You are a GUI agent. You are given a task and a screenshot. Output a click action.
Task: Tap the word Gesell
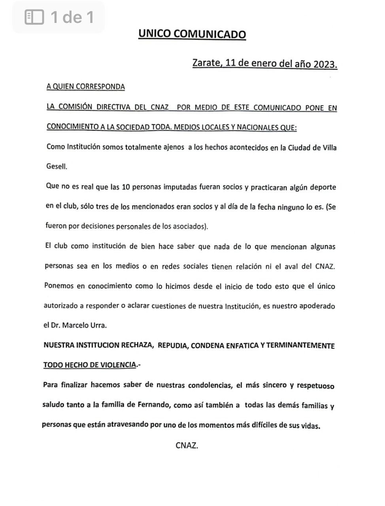point(57,166)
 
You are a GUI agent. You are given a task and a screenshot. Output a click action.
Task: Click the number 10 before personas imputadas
point(126,187)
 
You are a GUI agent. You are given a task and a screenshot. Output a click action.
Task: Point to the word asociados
point(189,227)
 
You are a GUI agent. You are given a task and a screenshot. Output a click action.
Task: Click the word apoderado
point(316,306)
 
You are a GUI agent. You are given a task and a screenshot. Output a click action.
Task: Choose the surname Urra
point(98,326)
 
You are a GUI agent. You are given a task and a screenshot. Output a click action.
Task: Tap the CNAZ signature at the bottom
point(187,446)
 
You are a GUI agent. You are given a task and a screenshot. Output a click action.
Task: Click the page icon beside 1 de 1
point(34,17)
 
